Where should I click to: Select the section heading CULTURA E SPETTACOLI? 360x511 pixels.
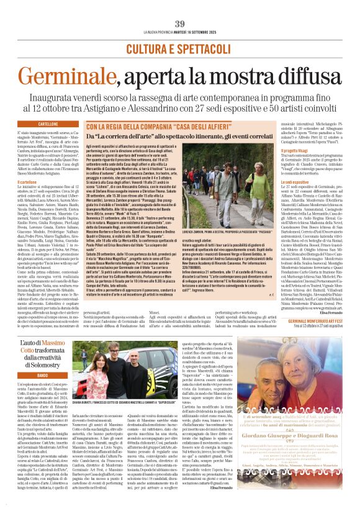coord(179,48)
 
